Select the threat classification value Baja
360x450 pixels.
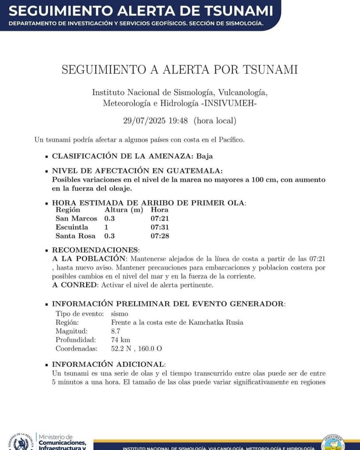[x=204, y=156]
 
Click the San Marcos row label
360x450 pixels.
[x=76, y=219]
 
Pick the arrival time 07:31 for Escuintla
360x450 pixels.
[x=160, y=227]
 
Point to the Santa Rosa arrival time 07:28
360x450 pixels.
[x=160, y=236]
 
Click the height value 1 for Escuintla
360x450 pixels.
[x=106, y=227]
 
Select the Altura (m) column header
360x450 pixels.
[x=124, y=210]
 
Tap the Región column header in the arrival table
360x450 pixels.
[x=67, y=210]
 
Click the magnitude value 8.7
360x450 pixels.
[x=116, y=331]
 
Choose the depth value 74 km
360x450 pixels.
[x=120, y=340]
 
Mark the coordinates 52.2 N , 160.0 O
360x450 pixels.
[x=137, y=349]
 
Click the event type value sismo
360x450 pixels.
[x=120, y=314]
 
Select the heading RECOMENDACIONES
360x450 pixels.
[x=95, y=250]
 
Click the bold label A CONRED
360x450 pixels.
[x=75, y=285]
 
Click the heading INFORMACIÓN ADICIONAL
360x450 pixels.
[x=108, y=364]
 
